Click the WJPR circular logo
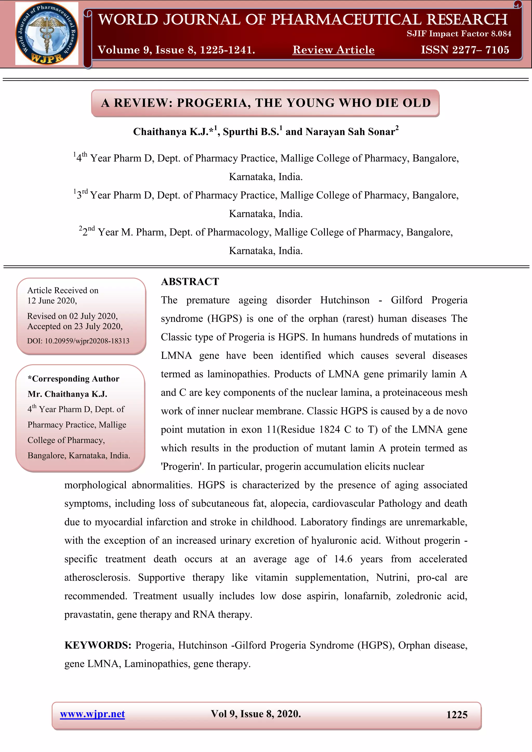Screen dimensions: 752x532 click(46, 33)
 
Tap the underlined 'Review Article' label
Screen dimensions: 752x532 click(333, 50)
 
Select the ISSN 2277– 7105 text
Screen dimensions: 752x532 click(465, 50)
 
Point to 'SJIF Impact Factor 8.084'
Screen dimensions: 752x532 click(459, 34)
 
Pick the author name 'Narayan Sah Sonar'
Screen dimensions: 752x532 click(350, 132)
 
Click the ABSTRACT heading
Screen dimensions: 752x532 click(190, 282)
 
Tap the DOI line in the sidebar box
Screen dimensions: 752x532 click(78, 341)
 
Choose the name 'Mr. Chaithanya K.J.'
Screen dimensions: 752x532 click(68, 394)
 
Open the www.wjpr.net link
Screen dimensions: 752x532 click(92, 714)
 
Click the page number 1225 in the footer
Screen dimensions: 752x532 click(457, 715)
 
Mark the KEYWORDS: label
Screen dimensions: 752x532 click(98, 645)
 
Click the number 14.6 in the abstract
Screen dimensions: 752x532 click(343, 559)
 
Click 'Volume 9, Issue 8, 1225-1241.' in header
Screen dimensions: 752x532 click(176, 50)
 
